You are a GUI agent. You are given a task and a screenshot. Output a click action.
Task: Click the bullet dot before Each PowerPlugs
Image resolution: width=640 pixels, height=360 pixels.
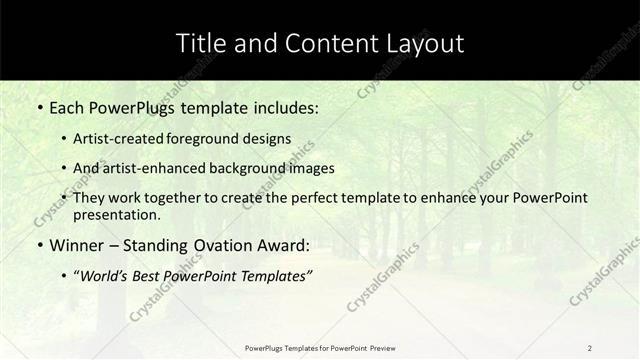coord(39,106)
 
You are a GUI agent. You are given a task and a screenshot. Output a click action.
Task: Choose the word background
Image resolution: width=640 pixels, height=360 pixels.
coord(244,168)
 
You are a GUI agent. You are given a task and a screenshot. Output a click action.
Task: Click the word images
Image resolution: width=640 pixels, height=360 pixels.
coord(309,168)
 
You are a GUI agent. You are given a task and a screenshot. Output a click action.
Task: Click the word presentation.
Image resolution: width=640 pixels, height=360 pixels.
coord(116,215)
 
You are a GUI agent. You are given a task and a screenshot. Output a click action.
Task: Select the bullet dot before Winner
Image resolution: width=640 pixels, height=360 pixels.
coord(39,245)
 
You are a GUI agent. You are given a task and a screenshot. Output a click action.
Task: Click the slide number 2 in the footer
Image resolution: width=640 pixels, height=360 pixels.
coord(590,348)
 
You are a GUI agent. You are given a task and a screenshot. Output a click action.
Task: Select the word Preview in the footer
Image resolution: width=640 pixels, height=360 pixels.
coord(382,348)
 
